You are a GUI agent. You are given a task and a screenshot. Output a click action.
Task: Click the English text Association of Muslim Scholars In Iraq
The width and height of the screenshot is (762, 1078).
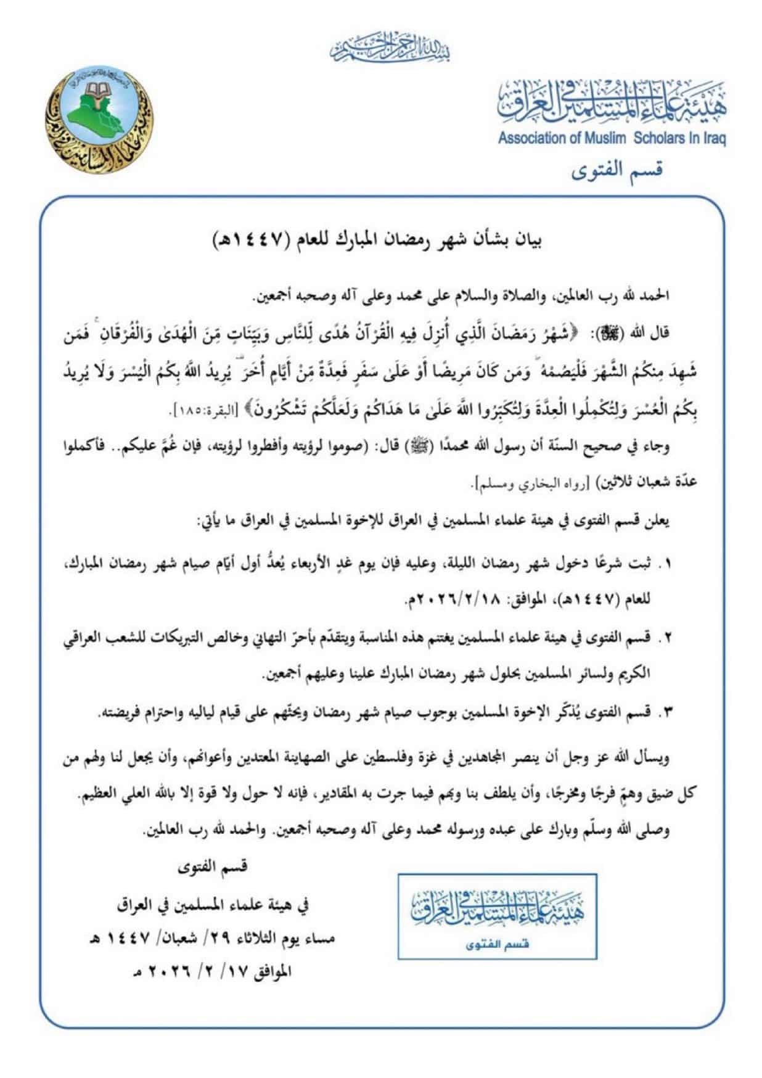[x=612, y=138]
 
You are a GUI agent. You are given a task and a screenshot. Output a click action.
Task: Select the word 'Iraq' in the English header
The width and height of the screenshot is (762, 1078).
[x=713, y=138]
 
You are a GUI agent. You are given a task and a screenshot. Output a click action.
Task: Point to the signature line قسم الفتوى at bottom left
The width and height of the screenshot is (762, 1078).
[x=211, y=866]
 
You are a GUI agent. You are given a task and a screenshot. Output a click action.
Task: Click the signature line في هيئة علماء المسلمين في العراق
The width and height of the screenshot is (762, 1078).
[x=211, y=904]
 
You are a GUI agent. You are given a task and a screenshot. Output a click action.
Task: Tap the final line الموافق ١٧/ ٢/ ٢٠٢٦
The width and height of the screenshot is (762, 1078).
[x=211, y=973]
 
